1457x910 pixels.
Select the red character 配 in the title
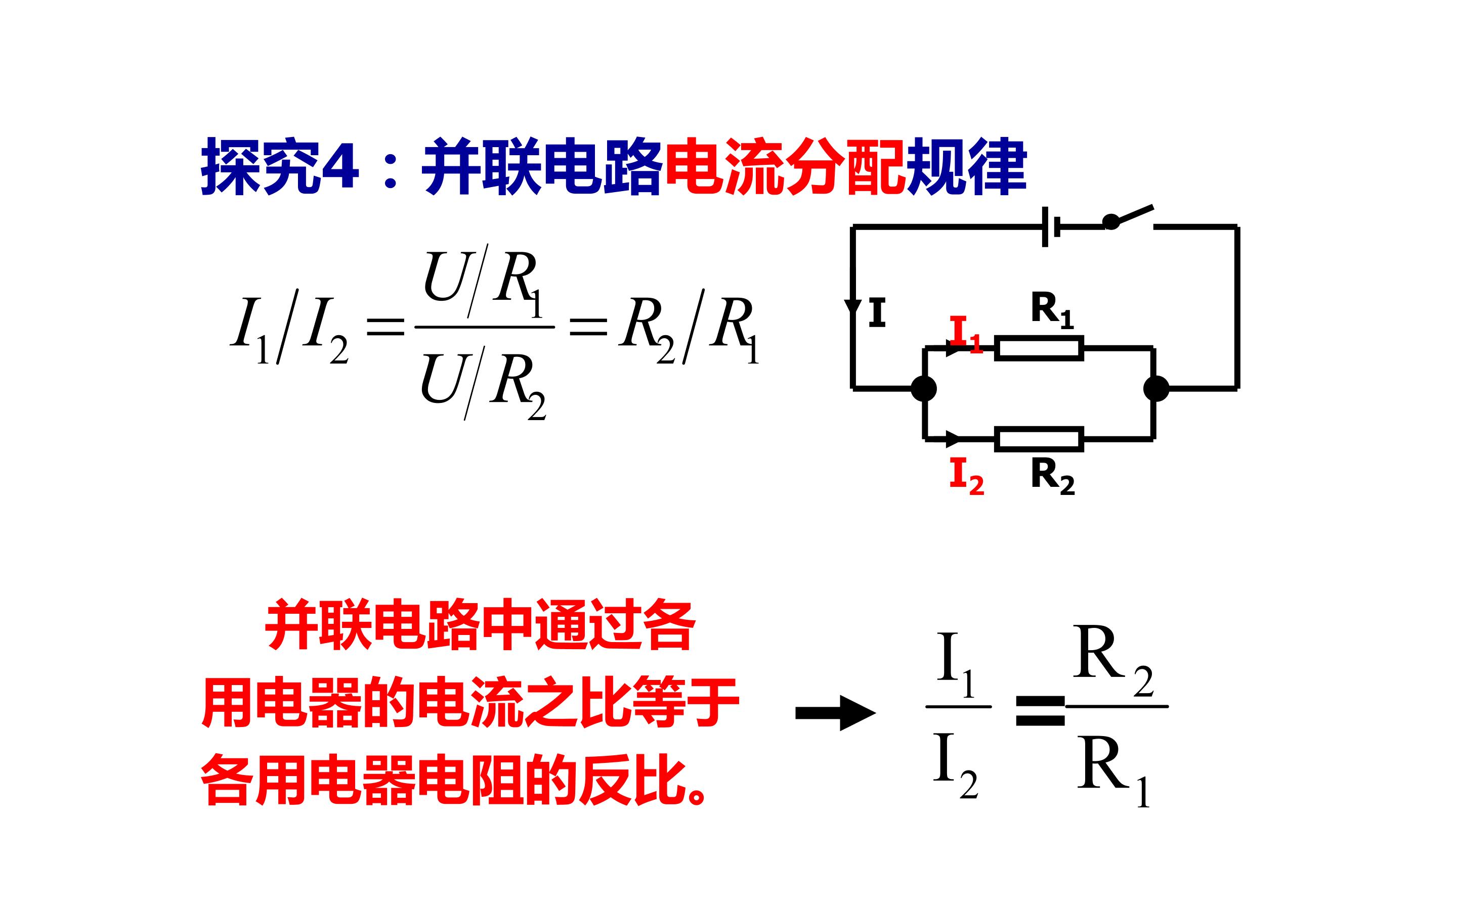coord(876,167)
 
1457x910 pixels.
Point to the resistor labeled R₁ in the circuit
coord(1039,348)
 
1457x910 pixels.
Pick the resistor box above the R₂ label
coord(1039,439)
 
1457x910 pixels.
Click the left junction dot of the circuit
coord(924,388)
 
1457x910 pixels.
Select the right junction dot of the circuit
coord(1156,388)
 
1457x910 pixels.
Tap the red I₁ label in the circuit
coord(966,334)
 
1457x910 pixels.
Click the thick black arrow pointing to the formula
coord(836,713)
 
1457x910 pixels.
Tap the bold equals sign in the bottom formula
coord(1040,710)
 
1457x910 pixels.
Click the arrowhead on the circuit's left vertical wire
coord(852,307)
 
